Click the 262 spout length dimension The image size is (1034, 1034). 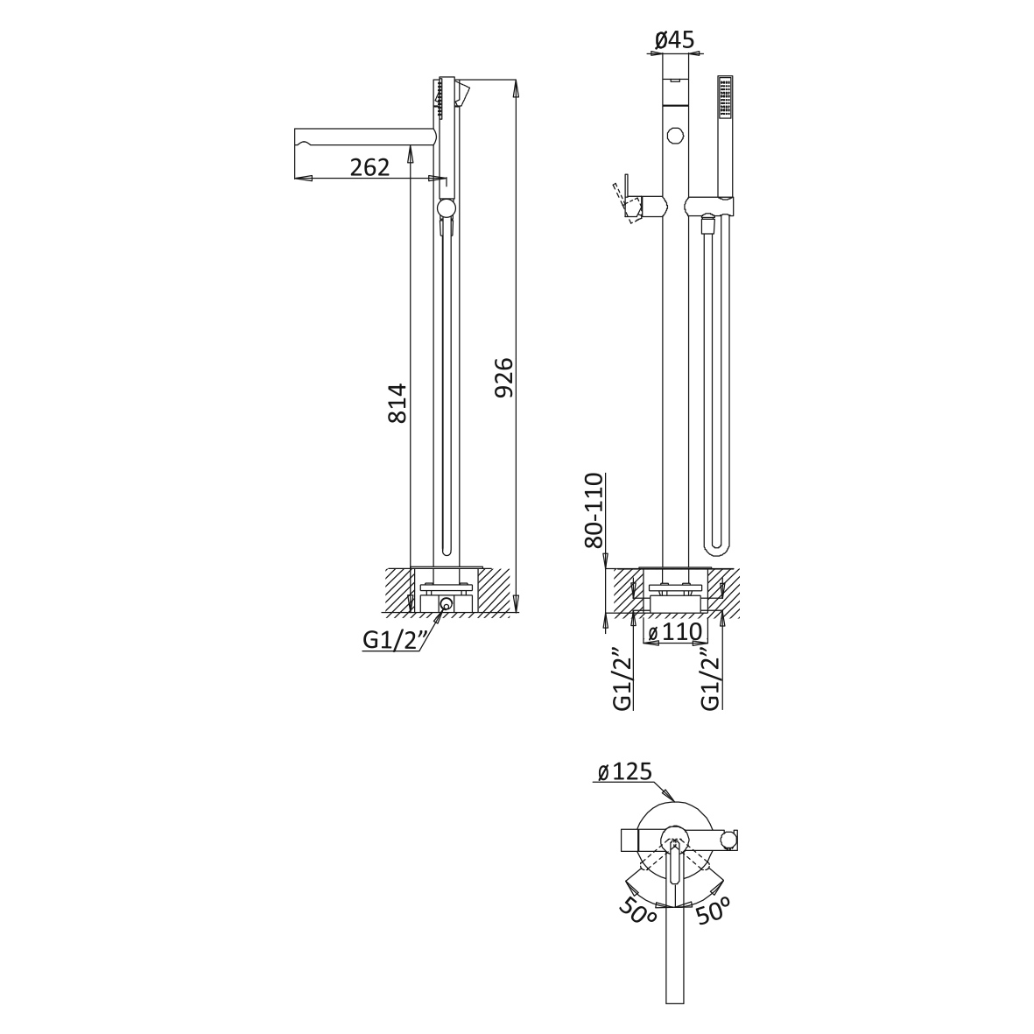(369, 167)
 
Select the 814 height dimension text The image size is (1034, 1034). (397, 403)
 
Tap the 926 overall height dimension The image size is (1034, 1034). (503, 378)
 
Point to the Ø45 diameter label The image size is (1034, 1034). (675, 40)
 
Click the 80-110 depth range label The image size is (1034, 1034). (594, 510)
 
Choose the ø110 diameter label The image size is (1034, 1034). (675, 632)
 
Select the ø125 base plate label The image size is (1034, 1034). (624, 770)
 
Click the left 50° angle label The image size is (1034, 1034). (637, 913)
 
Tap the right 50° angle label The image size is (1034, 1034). (712, 911)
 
